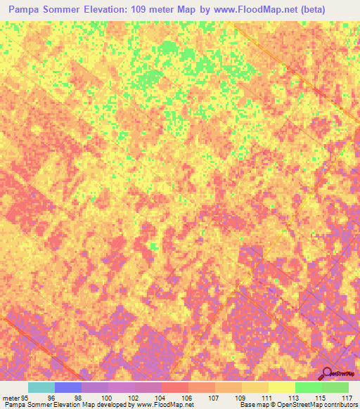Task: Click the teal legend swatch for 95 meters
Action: pos(41,387)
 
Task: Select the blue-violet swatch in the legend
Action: pos(68,387)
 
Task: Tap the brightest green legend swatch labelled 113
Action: pos(309,387)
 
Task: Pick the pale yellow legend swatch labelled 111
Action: pos(282,387)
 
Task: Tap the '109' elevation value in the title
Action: pos(158,11)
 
